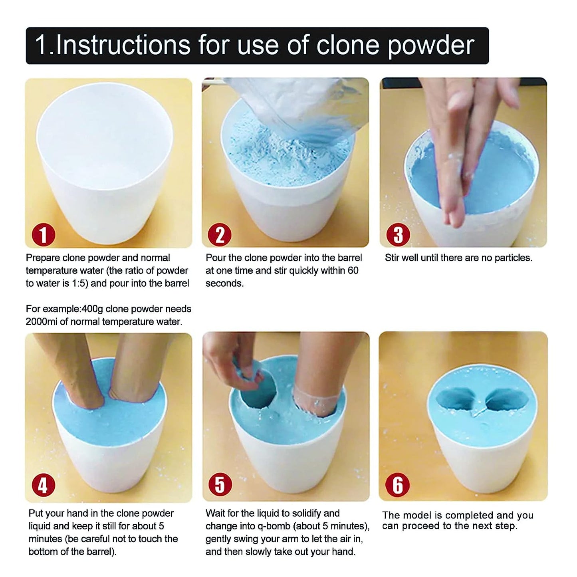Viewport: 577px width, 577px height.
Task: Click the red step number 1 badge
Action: (x=43, y=235)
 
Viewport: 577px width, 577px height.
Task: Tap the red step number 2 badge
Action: (x=220, y=235)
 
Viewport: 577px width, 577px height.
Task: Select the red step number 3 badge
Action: (x=398, y=235)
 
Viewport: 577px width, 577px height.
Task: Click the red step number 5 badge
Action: (x=220, y=485)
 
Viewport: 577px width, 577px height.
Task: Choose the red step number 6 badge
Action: (x=398, y=485)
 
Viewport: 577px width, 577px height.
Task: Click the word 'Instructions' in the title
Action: (x=123, y=45)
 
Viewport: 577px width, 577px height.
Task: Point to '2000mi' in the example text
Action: (x=42, y=322)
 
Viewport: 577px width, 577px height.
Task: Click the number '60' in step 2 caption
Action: (x=353, y=271)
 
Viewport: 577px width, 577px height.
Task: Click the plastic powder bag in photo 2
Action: (x=303, y=104)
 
